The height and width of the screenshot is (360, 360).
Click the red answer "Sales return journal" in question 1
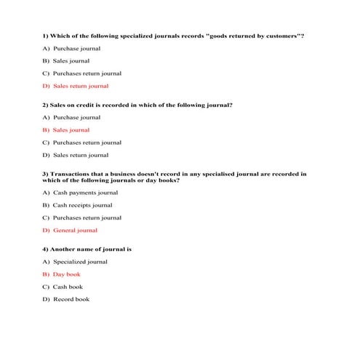pyautogui.click(x=80, y=86)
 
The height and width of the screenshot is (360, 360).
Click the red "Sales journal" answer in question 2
pyautogui.click(x=71, y=130)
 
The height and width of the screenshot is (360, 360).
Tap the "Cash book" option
pyautogui.click(x=68, y=287)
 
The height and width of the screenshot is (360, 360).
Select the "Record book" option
pyautogui.click(x=71, y=300)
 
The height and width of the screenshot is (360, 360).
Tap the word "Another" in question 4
pyautogui.click(x=61, y=249)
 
